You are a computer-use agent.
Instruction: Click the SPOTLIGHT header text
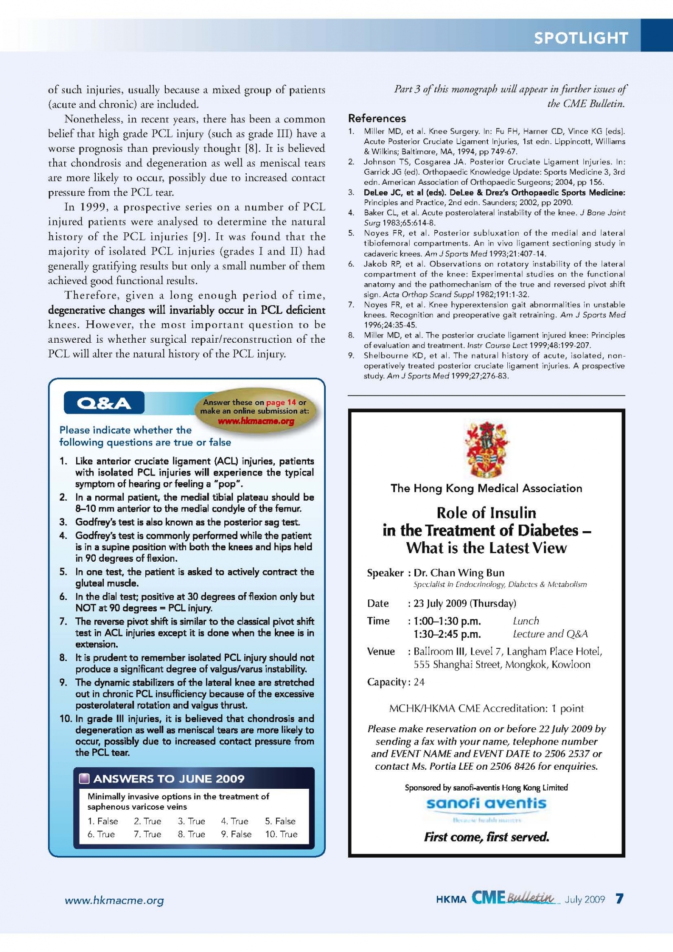click(x=581, y=38)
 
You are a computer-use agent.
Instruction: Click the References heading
click(x=377, y=119)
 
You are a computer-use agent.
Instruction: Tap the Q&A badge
click(x=104, y=403)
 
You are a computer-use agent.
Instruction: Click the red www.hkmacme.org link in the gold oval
click(x=256, y=421)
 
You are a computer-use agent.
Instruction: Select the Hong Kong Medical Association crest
click(x=486, y=448)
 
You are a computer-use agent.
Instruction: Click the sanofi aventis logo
click(x=486, y=804)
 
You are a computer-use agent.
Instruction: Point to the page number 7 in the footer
click(x=619, y=899)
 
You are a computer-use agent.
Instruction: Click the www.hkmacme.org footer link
click(x=114, y=900)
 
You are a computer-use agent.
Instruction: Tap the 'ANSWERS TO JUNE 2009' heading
click(x=169, y=779)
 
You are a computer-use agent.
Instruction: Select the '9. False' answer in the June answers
click(x=236, y=834)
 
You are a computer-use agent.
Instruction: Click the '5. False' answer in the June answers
click(x=280, y=821)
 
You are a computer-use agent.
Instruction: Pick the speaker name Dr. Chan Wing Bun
click(x=459, y=573)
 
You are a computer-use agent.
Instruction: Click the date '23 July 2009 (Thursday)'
click(x=464, y=603)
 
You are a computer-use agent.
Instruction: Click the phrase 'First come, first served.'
click(x=486, y=837)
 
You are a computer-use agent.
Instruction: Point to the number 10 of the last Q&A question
click(x=66, y=718)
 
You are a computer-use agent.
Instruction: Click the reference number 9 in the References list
click(x=351, y=356)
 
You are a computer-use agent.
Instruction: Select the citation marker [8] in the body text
click(x=251, y=148)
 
